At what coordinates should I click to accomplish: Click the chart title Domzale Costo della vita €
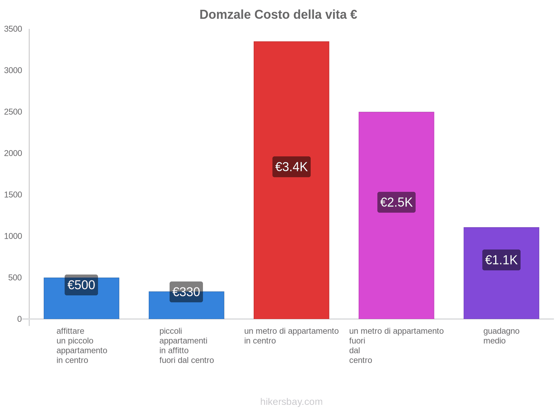[x=278, y=15]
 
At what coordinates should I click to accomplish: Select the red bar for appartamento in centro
[x=291, y=104]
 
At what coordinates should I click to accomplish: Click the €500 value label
[x=81, y=285]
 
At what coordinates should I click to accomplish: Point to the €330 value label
[x=186, y=292]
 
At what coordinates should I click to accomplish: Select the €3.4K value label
[x=291, y=167]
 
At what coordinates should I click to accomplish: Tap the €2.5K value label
[x=396, y=202]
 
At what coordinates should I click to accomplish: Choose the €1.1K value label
[x=501, y=260]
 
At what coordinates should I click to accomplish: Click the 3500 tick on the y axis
[x=13, y=29]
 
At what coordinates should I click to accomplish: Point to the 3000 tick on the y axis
[x=13, y=71]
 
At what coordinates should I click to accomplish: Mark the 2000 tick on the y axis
[x=13, y=153]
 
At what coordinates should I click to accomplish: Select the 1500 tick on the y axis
[x=13, y=195]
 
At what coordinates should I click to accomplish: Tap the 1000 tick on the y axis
[x=13, y=236]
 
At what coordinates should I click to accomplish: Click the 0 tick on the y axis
[x=19, y=319]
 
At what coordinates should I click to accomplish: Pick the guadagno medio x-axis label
[x=501, y=336]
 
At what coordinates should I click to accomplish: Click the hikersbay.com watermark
[x=291, y=402]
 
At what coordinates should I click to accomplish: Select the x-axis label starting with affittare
[x=82, y=345]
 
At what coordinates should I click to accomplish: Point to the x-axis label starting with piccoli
[x=186, y=345]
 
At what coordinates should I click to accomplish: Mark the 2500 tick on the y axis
[x=13, y=112]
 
